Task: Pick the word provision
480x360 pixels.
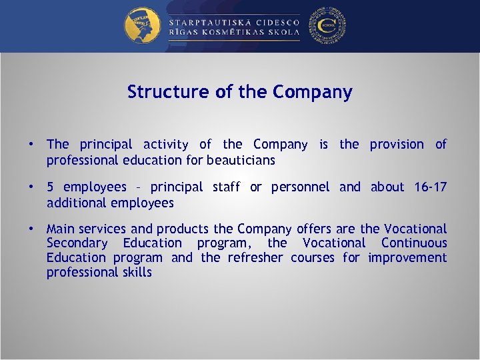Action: pos(397,145)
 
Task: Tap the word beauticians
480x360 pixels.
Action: pos(241,160)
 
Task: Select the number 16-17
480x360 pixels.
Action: pos(430,187)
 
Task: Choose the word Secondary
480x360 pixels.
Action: pos(77,243)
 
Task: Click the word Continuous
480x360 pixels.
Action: pos(414,243)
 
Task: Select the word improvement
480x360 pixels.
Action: pos(407,258)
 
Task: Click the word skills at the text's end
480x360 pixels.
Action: pos(136,273)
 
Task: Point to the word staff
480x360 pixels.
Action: pos(227,187)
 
